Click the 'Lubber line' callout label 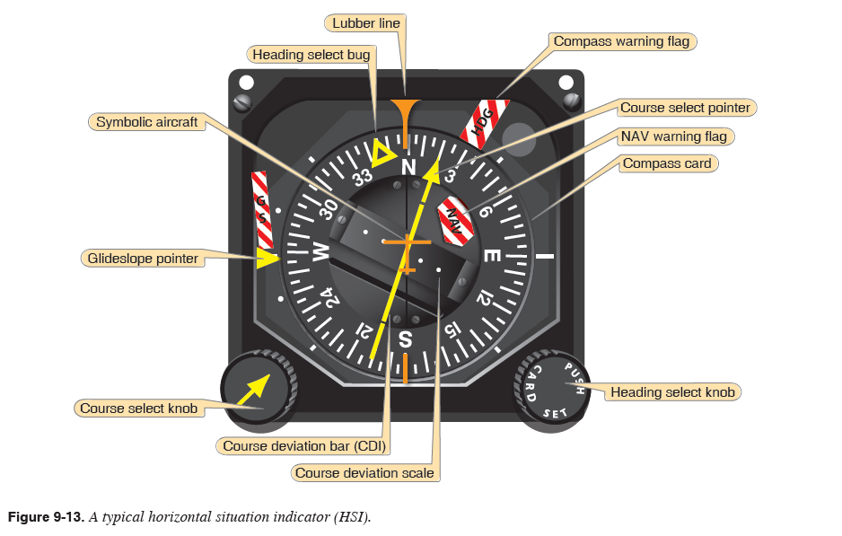[x=367, y=22]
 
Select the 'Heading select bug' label [x=311, y=55]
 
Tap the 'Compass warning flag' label [x=621, y=41]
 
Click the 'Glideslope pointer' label [x=142, y=259]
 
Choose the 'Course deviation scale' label [x=364, y=472]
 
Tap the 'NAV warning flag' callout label [x=673, y=136]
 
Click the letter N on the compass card [x=409, y=167]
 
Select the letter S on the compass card [x=405, y=339]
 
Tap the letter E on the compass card [x=492, y=255]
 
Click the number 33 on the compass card [x=364, y=177]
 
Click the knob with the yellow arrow [x=259, y=389]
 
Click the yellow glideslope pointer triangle [x=268, y=259]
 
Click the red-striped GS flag [x=262, y=210]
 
